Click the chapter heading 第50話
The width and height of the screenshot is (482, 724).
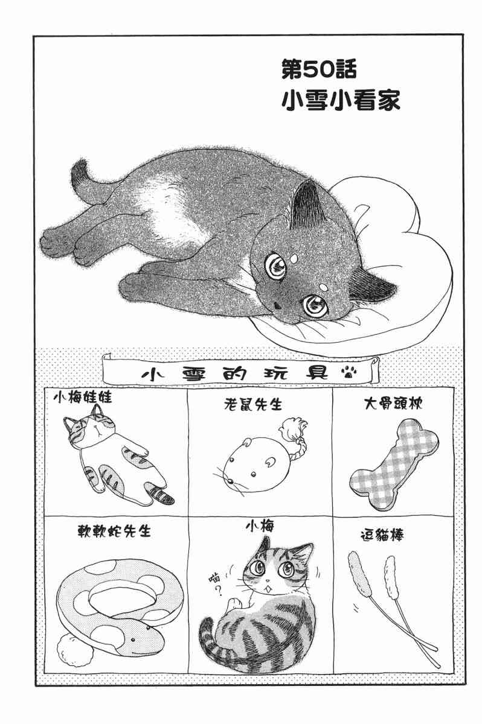click(x=319, y=69)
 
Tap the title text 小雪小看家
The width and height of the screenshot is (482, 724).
click(x=341, y=100)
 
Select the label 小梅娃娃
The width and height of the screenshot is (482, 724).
click(x=83, y=397)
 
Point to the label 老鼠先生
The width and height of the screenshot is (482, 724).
click(x=252, y=404)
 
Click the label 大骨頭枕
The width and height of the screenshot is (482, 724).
click(x=393, y=404)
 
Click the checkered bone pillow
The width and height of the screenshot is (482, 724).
click(x=394, y=465)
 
